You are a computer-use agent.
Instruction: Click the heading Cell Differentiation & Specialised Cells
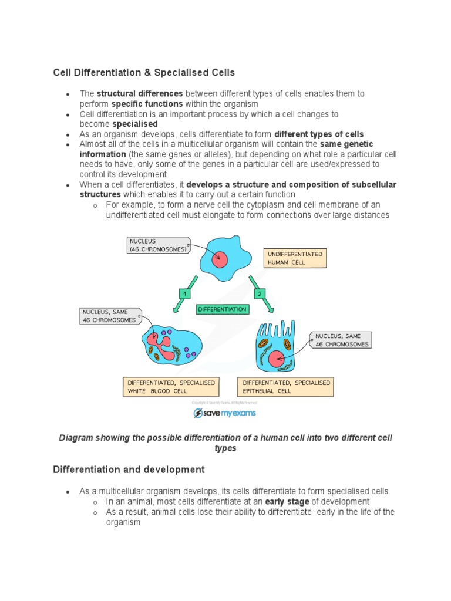144,72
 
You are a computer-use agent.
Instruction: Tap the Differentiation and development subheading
129,470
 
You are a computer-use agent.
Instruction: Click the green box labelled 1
185,292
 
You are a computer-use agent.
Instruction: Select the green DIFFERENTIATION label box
223,309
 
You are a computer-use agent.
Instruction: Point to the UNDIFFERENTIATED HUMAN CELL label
295,258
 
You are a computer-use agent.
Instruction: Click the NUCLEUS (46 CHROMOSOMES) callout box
158,245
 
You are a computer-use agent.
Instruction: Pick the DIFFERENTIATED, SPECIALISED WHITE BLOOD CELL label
171,387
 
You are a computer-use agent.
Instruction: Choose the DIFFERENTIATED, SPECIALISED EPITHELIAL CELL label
286,387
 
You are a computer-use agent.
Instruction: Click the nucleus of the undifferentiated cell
220,259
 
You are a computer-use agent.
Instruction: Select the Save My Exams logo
225,413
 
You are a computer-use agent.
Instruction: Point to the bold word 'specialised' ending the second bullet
135,124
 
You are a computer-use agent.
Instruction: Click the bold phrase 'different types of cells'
319,134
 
